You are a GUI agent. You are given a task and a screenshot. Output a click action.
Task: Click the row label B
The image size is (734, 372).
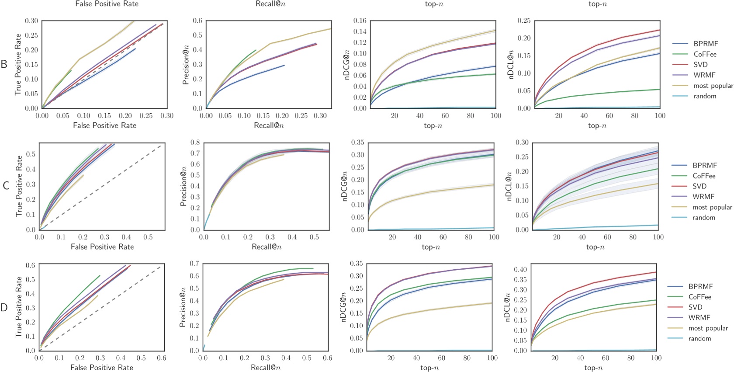point(4,64)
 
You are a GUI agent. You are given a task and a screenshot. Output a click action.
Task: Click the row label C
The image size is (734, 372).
point(6,186)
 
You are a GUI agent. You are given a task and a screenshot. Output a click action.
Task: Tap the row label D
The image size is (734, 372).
point(4,307)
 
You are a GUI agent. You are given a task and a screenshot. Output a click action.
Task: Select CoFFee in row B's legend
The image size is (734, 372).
point(705,54)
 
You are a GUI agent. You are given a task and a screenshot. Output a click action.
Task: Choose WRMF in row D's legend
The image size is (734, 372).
point(699,317)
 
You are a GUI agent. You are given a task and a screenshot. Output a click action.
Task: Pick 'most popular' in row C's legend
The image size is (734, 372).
point(712,207)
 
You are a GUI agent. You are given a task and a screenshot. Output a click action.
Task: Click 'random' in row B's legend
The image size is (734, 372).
point(705,96)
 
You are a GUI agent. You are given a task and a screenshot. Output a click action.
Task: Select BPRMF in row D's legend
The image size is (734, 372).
point(700,286)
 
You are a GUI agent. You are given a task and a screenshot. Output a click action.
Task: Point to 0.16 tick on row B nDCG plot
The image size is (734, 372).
point(360,21)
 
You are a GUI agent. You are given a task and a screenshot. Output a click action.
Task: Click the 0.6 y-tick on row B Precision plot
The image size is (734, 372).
point(197,21)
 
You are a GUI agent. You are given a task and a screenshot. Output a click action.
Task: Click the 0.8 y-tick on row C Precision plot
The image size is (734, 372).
point(195,143)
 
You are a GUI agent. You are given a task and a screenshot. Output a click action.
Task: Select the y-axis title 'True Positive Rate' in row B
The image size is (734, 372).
point(18,64)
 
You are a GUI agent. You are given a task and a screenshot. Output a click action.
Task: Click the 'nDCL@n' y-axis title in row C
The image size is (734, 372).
point(508,186)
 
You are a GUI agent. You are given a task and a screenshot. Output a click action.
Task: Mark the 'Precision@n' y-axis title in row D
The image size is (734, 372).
point(183,307)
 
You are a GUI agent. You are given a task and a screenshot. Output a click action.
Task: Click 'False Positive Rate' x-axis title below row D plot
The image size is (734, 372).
point(101,368)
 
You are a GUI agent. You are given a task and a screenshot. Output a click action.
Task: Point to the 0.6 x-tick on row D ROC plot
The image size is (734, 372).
point(161,358)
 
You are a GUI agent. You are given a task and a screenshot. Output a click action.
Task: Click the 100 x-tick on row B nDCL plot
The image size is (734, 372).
point(660,116)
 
